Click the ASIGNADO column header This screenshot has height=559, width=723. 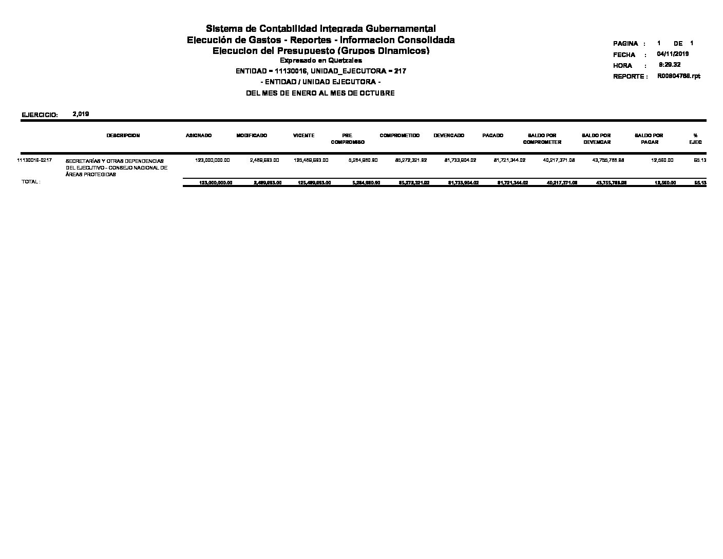(199, 136)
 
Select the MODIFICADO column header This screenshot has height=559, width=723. (252, 136)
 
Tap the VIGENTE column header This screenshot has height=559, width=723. (303, 136)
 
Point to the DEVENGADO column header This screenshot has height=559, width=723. (449, 136)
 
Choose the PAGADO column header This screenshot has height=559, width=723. (493, 136)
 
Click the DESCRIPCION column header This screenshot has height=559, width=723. (123, 136)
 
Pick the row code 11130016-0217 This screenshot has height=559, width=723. (34, 160)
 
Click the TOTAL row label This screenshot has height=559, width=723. (31, 182)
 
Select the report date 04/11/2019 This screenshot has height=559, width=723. (673, 54)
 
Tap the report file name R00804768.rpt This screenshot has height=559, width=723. (678, 76)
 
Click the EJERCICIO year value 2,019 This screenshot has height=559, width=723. (81, 114)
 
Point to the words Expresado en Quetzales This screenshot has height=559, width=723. (320, 61)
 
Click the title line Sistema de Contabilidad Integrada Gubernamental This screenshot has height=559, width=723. (320, 28)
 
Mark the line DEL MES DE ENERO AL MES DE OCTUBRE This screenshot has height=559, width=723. (320, 94)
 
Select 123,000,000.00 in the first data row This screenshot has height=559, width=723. (213, 160)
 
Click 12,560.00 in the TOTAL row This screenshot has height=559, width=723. (665, 183)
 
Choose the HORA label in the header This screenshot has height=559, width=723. (622, 66)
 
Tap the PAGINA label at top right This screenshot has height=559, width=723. (625, 44)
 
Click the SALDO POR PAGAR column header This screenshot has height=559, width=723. (649, 139)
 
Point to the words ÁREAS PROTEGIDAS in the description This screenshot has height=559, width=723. (91, 175)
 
